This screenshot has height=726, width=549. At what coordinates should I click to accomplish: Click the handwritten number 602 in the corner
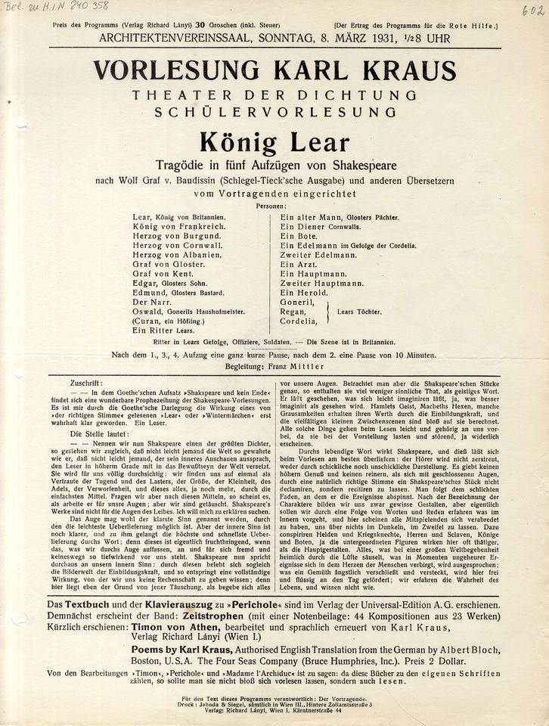click(532, 10)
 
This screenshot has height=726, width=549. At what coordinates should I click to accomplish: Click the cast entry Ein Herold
click(304, 292)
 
